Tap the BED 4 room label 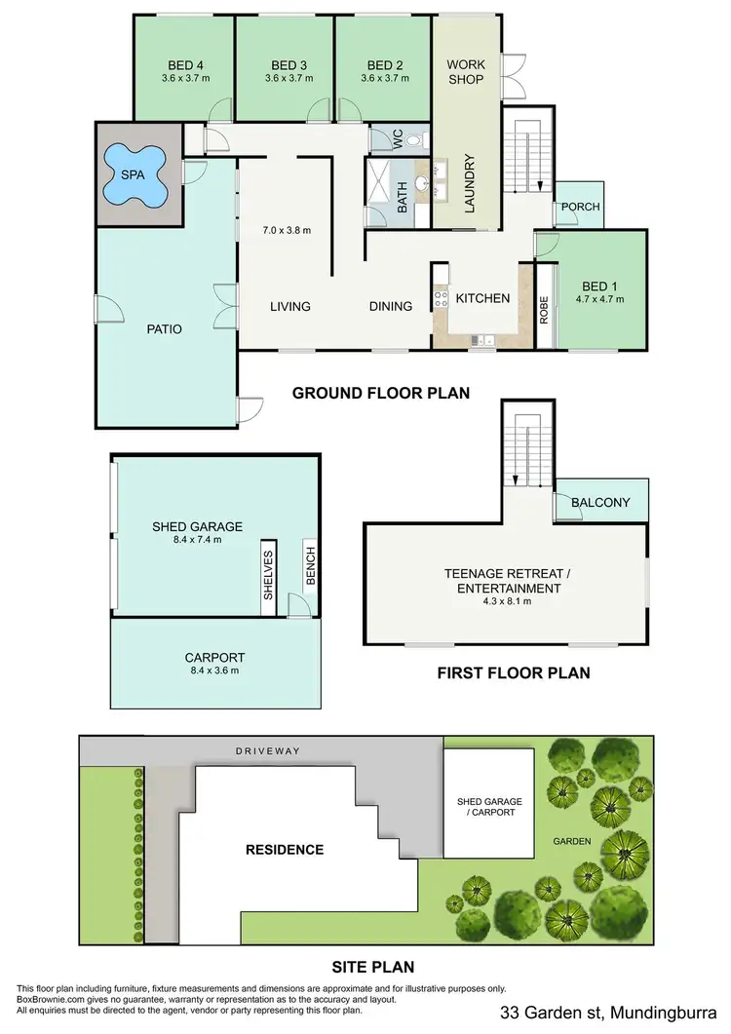pyautogui.click(x=184, y=65)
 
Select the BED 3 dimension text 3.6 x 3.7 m pyautogui.click(x=286, y=79)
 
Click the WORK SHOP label pyautogui.click(x=466, y=72)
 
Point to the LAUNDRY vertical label pyautogui.click(x=469, y=184)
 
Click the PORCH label pyautogui.click(x=581, y=207)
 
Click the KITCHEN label pyautogui.click(x=482, y=298)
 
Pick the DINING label pyautogui.click(x=390, y=306)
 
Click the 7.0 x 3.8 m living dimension pyautogui.click(x=286, y=231)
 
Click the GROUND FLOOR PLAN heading pyautogui.click(x=381, y=394)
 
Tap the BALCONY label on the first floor pyautogui.click(x=600, y=503)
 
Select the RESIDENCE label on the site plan pyautogui.click(x=285, y=849)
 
